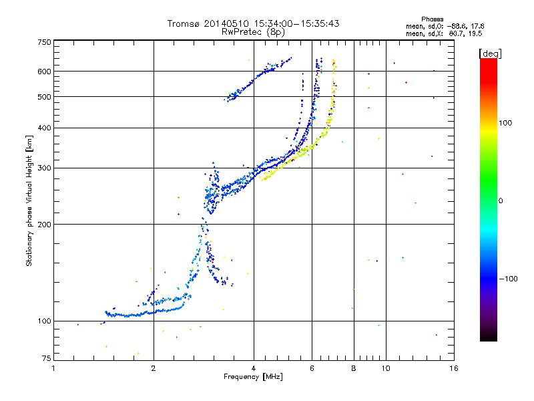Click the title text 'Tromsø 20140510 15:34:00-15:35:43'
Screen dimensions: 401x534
coord(253,23)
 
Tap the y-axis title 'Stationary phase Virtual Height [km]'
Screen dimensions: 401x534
coord(29,200)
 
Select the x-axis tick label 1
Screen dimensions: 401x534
coord(54,368)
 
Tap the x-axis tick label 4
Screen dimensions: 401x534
coord(254,368)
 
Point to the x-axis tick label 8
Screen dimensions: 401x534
coord(354,368)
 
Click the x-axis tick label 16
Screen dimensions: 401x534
coord(453,368)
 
